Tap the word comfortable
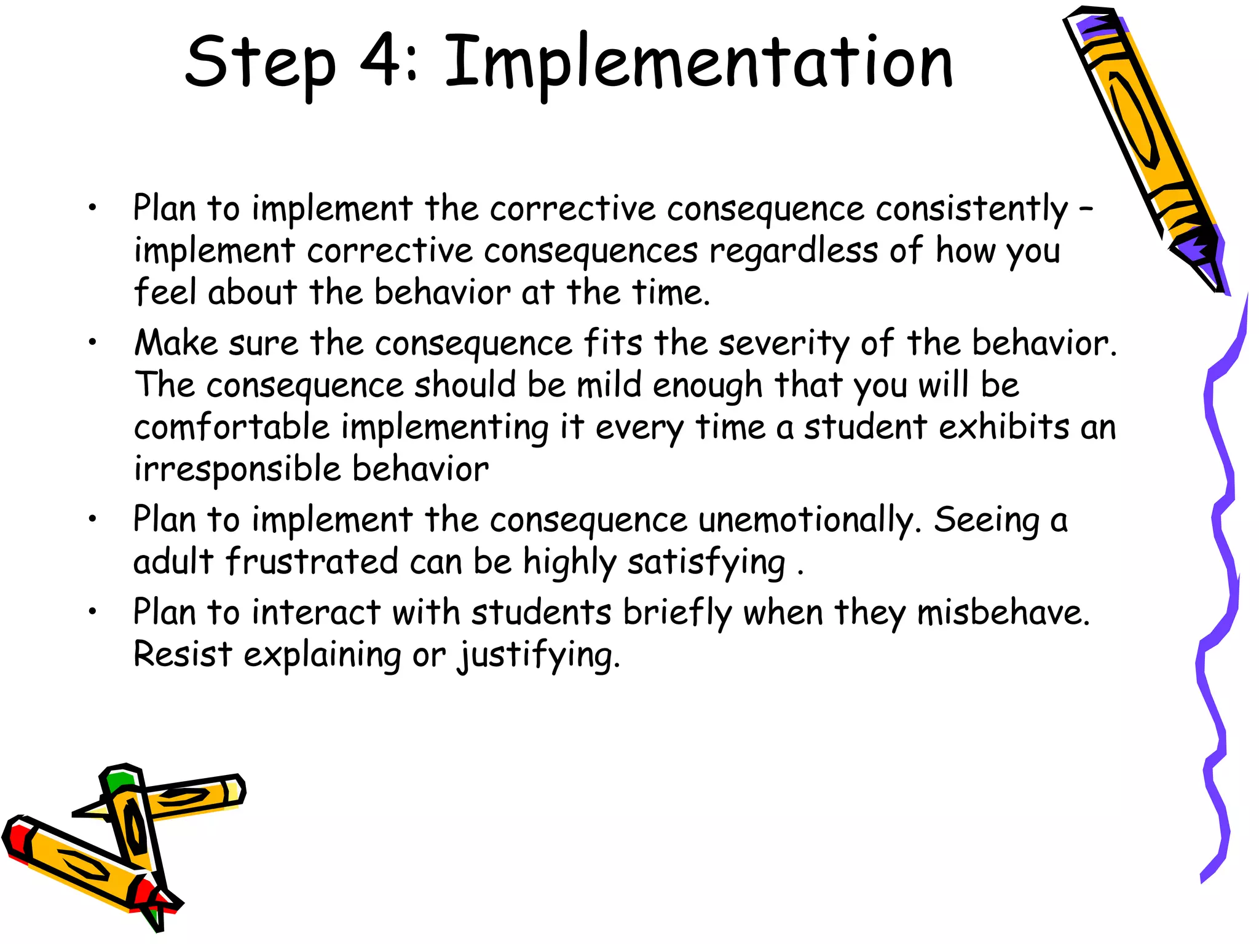tap(232, 427)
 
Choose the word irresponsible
tap(237, 469)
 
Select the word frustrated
tap(312, 562)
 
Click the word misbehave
tap(1003, 613)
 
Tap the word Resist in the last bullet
tap(183, 654)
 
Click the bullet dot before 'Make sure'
tap(92, 342)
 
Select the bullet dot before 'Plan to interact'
tap(92, 612)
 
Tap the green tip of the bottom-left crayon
tap(118, 782)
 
